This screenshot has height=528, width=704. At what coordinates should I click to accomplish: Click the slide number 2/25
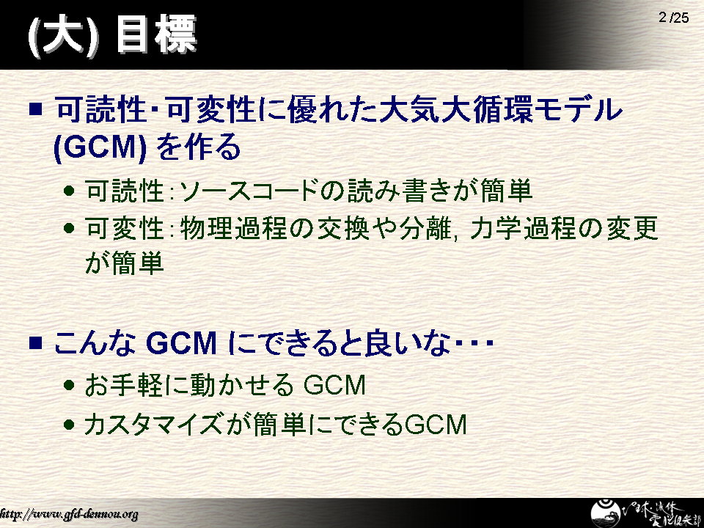tap(673, 18)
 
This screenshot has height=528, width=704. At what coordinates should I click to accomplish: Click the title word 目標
tap(156, 34)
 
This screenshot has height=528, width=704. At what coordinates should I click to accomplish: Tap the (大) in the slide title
tap(63, 35)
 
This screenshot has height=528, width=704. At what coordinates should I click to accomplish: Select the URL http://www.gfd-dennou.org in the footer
tap(69, 514)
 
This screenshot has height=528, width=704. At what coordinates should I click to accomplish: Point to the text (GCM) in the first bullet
tap(100, 147)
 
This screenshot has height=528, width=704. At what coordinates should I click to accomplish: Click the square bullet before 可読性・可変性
tap(35, 109)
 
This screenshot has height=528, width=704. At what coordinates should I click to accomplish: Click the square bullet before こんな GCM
tap(35, 342)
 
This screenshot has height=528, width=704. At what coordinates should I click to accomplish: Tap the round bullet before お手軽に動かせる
tap(69, 385)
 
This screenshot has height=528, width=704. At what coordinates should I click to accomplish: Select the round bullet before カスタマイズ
tap(69, 424)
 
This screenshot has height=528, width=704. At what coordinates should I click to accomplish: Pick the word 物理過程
tap(233, 229)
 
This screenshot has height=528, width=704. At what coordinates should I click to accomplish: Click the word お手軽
tap(123, 385)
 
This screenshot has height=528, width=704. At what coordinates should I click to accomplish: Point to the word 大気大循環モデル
tap(501, 109)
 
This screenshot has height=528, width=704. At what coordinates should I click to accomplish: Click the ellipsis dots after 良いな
tap(474, 343)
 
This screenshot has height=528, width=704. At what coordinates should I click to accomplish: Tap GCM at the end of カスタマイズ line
tap(436, 425)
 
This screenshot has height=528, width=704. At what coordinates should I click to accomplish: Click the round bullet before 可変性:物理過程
tap(69, 229)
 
